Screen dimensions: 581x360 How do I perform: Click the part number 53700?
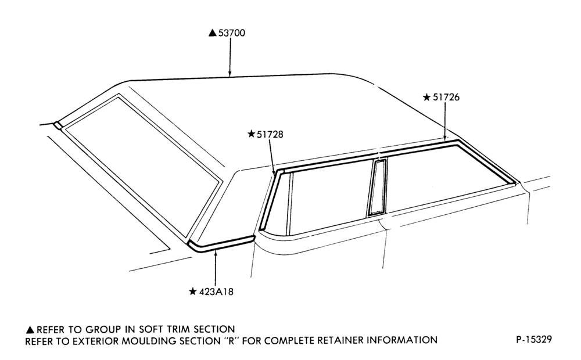coord(232,33)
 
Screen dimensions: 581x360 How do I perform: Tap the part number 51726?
coord(446,97)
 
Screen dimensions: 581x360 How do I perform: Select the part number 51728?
coord(270,134)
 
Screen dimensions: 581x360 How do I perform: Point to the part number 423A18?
coord(216,292)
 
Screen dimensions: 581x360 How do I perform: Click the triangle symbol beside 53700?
coord(212,33)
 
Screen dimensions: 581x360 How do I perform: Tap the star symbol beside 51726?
coord(427,97)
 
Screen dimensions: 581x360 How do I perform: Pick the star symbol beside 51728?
coord(251,134)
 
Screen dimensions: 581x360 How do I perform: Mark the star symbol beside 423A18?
coord(193,291)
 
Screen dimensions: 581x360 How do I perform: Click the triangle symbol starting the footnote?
coord(30,330)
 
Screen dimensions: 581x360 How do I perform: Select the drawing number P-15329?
coord(534,339)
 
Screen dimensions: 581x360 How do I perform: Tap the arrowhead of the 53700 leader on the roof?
coord(229,74)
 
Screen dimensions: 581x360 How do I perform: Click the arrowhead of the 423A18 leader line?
coord(216,253)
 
